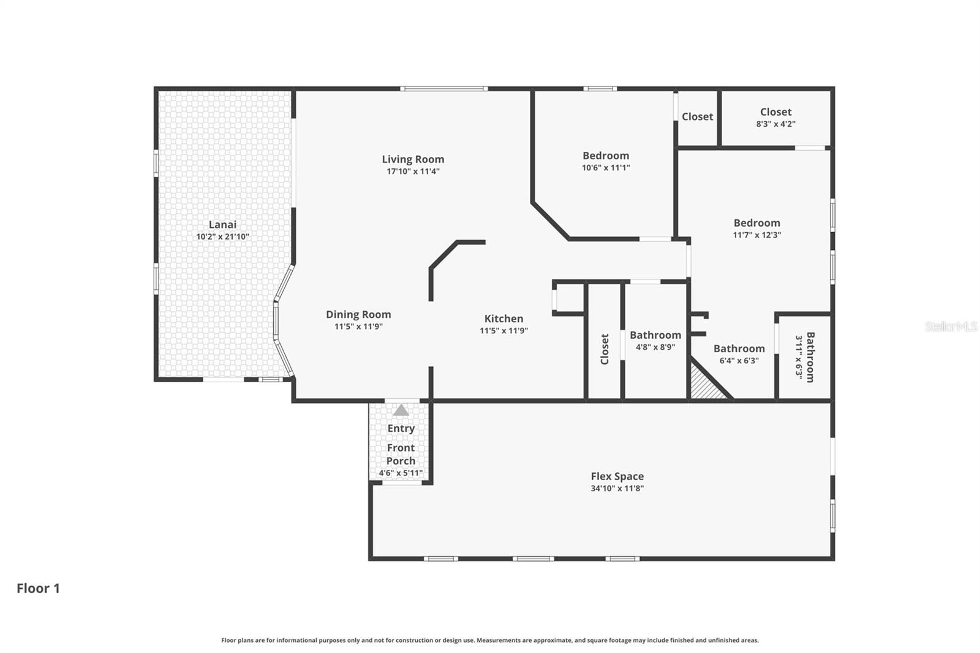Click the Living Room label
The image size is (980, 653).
tap(413, 159)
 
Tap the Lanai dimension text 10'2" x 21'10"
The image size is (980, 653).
tap(222, 236)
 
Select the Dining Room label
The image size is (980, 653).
tap(358, 314)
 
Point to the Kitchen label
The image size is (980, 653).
tap(503, 319)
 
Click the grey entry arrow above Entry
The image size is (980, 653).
tap(401, 410)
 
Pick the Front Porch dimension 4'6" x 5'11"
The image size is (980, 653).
tap(401, 473)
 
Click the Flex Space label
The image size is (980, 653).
tap(617, 476)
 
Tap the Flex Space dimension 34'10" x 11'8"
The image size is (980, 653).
tap(617, 488)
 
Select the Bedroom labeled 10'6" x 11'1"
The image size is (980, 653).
tap(606, 156)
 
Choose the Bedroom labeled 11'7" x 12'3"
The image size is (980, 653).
tap(757, 223)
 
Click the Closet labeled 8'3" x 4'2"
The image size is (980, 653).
tap(775, 112)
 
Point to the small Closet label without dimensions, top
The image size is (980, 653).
tap(697, 116)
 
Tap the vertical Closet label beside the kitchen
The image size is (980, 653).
tap(605, 349)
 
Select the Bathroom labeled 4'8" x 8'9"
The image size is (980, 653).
tap(655, 335)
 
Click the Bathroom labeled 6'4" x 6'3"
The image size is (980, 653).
tap(739, 349)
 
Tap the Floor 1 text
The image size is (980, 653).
tap(38, 588)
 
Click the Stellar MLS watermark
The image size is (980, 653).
tap(951, 326)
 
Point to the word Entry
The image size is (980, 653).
tap(401, 428)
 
